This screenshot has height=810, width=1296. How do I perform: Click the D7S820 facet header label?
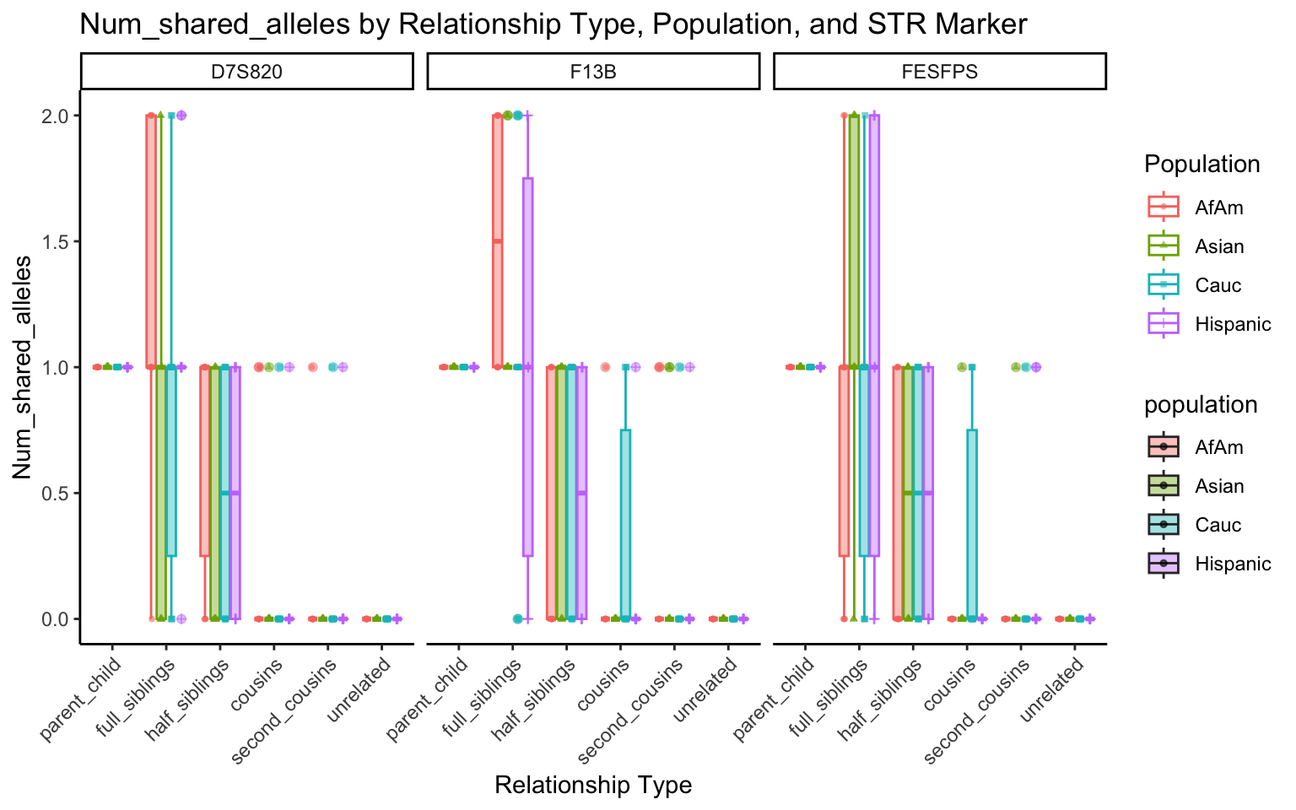click(246, 72)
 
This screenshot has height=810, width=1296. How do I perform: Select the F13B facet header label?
click(593, 72)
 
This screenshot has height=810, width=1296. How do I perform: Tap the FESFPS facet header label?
click(939, 72)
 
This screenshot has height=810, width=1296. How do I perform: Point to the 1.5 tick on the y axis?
click(57, 241)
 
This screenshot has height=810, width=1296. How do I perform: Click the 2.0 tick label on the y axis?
click(57, 116)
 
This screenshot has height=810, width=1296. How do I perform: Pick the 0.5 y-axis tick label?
click(57, 493)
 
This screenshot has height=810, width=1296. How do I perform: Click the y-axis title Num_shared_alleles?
click(23, 367)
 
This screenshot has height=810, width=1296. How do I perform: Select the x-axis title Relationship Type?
click(593, 786)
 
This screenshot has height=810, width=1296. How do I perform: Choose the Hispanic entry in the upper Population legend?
click(1233, 324)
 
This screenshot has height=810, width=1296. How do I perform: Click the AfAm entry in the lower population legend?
click(1218, 447)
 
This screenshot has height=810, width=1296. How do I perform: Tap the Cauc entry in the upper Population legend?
click(1218, 285)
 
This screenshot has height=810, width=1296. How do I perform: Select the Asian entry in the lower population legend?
click(1219, 486)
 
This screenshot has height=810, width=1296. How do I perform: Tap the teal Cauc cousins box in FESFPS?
click(972, 523)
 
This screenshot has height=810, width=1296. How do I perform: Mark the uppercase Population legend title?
click(1201, 164)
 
